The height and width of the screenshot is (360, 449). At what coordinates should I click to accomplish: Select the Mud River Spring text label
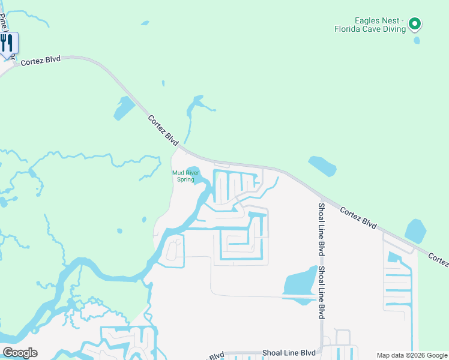184,176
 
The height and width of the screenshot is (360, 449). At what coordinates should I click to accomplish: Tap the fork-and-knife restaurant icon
7,43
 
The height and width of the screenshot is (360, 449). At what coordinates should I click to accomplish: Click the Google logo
19,352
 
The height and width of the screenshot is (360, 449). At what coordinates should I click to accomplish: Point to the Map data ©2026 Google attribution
412,355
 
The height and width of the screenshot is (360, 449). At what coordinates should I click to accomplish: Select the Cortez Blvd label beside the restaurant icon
41,61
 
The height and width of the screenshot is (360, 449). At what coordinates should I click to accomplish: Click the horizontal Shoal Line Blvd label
289,353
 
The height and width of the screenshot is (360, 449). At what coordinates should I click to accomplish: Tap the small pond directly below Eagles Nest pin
417,41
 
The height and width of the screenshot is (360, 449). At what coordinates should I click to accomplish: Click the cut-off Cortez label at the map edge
439,260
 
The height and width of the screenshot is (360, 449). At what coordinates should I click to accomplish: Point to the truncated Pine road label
5,24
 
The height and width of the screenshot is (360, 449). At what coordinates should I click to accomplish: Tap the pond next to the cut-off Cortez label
415,230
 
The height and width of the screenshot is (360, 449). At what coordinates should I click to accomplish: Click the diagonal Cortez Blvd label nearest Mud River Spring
163,130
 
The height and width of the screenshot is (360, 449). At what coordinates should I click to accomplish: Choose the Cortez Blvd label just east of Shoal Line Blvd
358,217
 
